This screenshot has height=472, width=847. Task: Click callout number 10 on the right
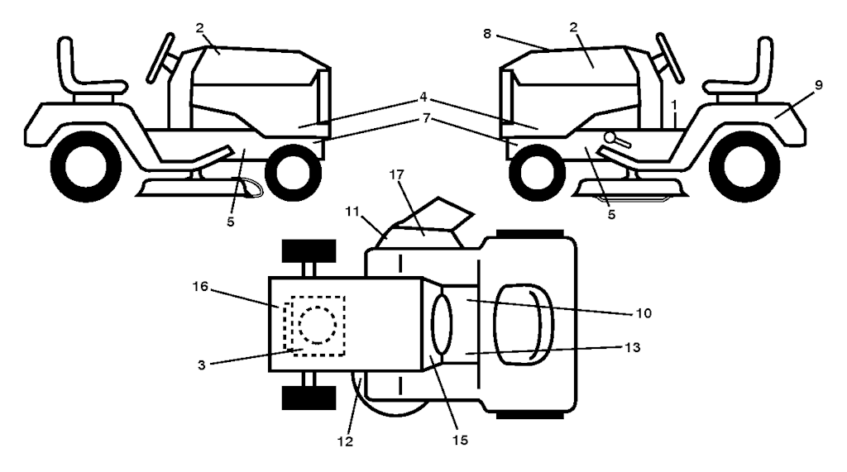pos(644,313)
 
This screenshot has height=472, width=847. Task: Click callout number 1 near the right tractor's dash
pos(675,105)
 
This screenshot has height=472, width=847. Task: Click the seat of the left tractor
pos(83,70)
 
